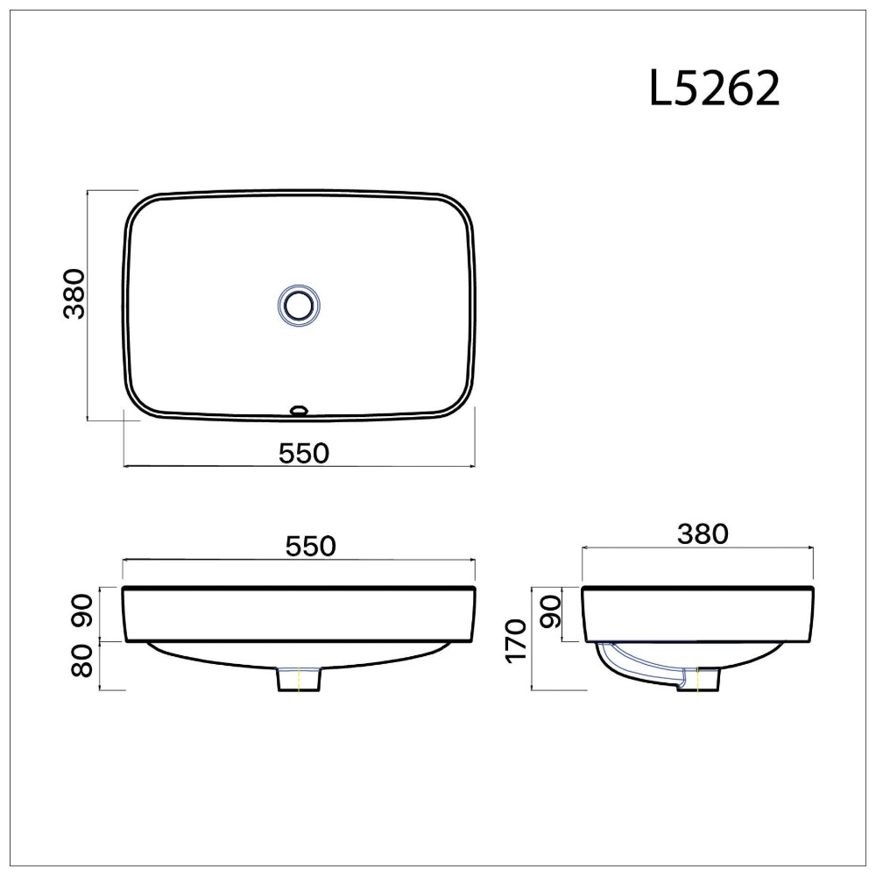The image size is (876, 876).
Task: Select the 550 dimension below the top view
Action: point(303,453)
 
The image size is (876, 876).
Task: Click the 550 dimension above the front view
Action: point(310,546)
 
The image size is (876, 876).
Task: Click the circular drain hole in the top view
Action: point(299,305)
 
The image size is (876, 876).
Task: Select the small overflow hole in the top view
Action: point(299,408)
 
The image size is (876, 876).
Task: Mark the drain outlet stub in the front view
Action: point(300,680)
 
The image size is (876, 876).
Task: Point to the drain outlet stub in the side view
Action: point(699,680)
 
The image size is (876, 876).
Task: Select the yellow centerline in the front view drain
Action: point(300,680)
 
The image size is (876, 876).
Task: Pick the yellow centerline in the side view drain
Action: point(697,680)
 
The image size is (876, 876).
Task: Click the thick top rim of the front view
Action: point(298,589)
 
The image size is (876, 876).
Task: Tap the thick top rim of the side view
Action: point(698,589)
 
